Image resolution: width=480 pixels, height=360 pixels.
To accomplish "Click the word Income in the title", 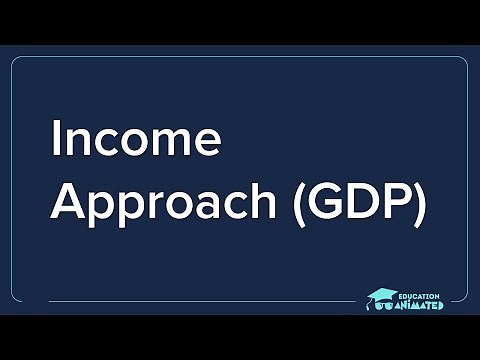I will tap(135, 140).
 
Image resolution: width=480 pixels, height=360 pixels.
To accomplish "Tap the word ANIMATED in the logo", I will tap(422, 306).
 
